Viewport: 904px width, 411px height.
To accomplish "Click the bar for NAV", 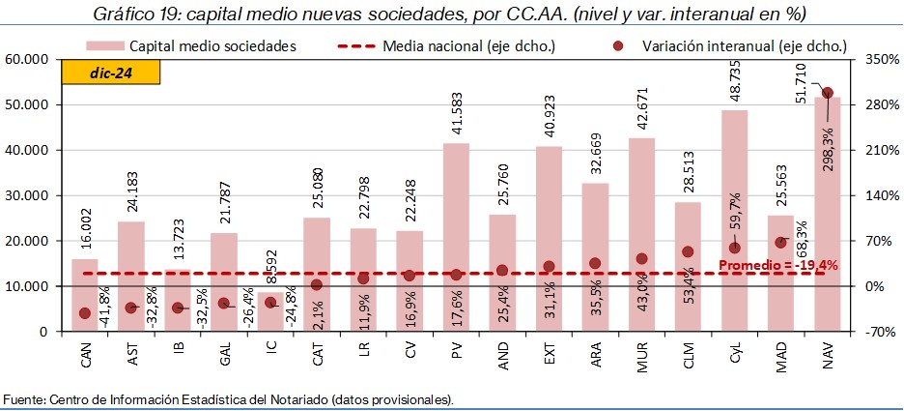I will coord(827,213).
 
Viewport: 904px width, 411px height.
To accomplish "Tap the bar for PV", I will coord(456,237).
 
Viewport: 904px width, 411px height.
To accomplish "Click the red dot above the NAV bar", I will coord(828,94).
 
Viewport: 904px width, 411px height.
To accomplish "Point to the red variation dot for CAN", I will coord(85,313).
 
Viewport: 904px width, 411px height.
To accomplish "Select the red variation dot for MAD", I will coord(780,242).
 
